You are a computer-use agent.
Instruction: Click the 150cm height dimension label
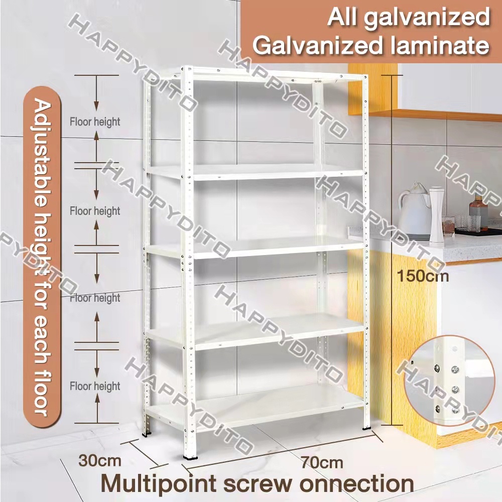[x=422, y=276]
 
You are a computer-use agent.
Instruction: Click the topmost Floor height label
[x=95, y=121]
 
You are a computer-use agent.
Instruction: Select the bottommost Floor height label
[x=95, y=386]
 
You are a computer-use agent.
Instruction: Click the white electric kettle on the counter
[x=415, y=210]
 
